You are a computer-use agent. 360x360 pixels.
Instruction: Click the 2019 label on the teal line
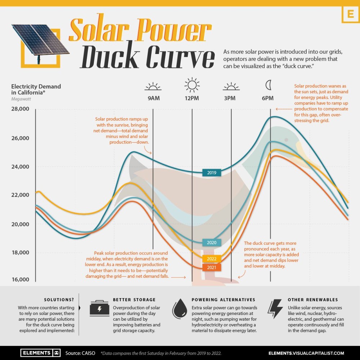pyautogui.click(x=211, y=173)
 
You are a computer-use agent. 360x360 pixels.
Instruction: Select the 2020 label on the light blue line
pyautogui.click(x=211, y=243)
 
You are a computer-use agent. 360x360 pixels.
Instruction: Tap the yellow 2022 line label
pyautogui.click(x=211, y=259)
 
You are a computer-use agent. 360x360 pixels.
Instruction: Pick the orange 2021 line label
pyautogui.click(x=211, y=267)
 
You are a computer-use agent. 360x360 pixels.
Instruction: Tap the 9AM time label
pyautogui.click(x=153, y=98)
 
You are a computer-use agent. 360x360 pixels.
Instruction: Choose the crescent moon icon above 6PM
pyautogui.click(x=268, y=85)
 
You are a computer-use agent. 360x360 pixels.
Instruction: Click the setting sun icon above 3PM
pyautogui.click(x=231, y=86)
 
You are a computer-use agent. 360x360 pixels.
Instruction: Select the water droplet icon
pyautogui.click(x=180, y=309)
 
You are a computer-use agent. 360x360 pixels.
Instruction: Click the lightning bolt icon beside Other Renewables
pyautogui.click(x=275, y=309)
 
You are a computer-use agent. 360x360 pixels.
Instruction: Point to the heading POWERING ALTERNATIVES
pyautogui.click(x=223, y=300)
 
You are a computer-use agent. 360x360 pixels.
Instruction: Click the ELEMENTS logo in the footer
pyautogui.click(x=40, y=353)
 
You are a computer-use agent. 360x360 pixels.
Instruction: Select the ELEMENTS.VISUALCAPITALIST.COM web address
pyautogui.click(x=306, y=353)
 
